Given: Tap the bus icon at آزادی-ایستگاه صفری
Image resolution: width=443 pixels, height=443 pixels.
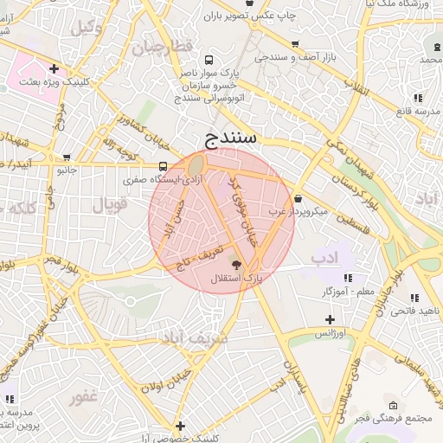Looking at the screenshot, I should point(164,167).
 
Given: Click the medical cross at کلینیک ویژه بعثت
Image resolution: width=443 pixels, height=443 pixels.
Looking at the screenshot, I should point(55,67).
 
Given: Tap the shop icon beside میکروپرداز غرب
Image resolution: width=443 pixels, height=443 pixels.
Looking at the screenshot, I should point(298,198).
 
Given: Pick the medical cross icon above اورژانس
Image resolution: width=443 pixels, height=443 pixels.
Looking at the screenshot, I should point(330,319).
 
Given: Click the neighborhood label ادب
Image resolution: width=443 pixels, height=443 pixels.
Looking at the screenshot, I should point(324,258).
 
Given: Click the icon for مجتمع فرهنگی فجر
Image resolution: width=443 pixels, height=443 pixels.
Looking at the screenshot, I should point(394,406).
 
